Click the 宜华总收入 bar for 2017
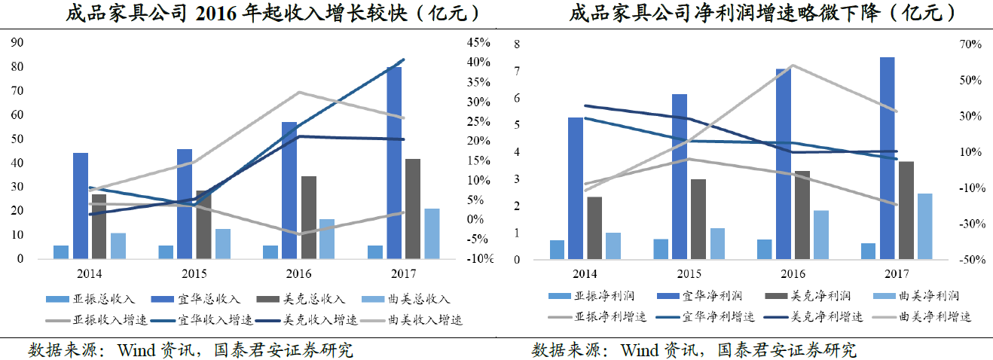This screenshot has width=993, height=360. coord(394,163)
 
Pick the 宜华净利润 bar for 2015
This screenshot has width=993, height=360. coord(680,177)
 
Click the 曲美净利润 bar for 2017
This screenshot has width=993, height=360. coord(924,227)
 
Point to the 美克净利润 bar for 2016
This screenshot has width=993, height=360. coord(802,215)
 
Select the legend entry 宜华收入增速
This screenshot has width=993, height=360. coord(210,319)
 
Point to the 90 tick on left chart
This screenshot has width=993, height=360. coord(17,43)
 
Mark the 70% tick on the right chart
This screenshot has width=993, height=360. coord(970,44)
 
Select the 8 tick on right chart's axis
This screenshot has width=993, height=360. coord(517,44)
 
